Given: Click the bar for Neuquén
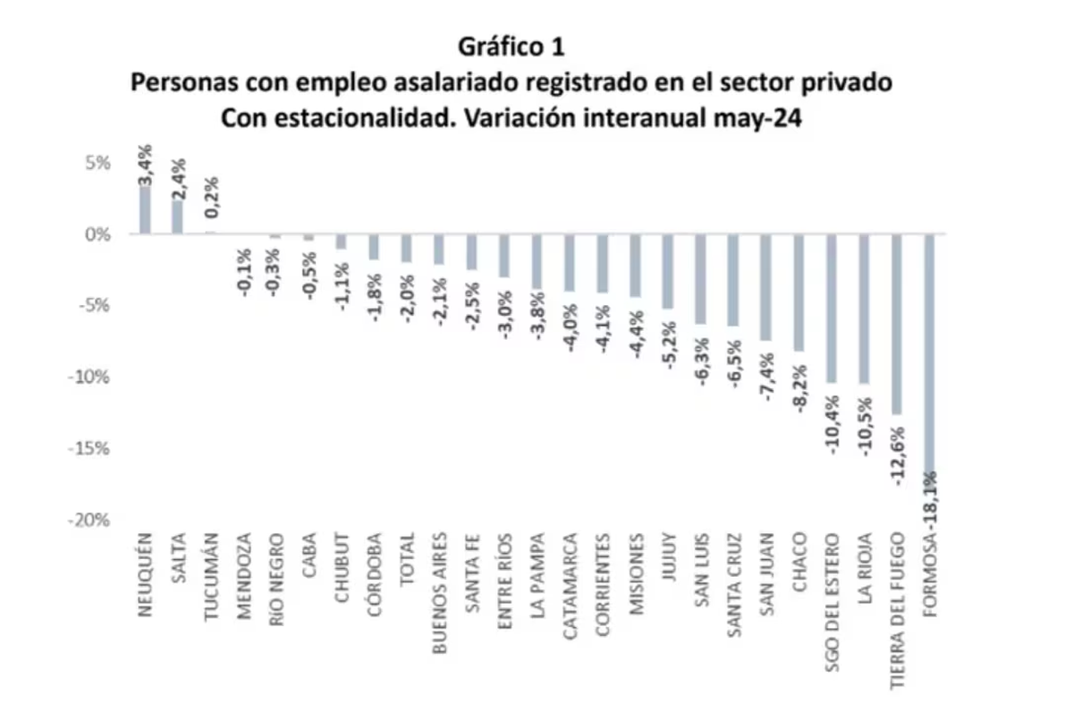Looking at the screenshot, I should point(145,210).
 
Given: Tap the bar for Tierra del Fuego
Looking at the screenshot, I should point(898,324).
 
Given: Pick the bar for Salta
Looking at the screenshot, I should point(178,217).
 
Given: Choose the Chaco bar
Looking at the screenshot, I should point(798,292).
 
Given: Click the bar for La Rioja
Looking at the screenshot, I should point(865,309).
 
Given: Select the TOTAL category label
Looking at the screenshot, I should point(406,561).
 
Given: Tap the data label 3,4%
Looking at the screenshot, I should point(145,165).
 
